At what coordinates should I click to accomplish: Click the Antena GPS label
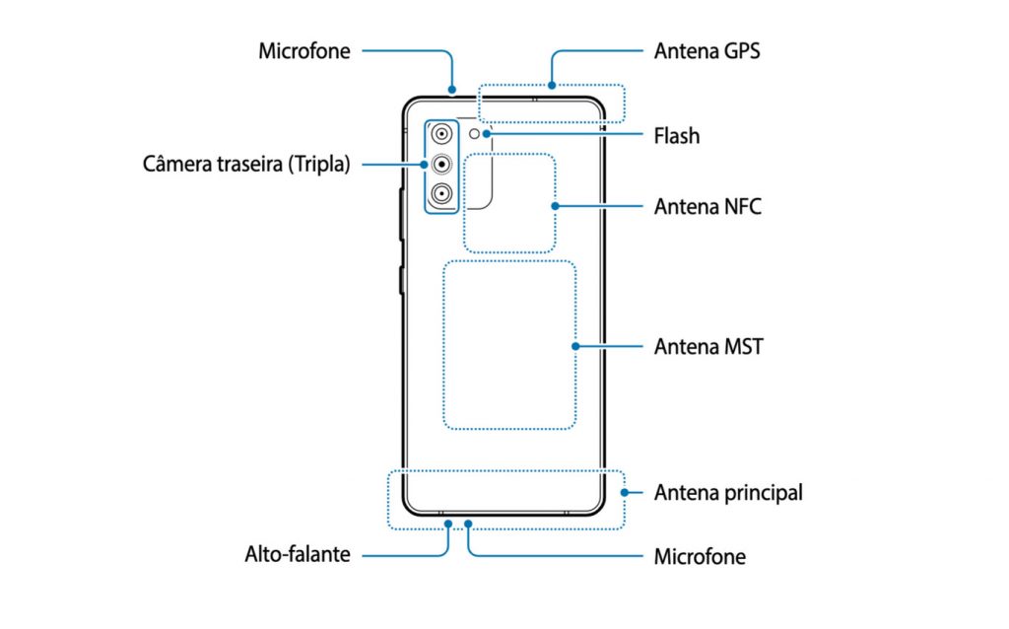tap(706, 51)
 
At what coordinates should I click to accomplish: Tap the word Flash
tap(676, 136)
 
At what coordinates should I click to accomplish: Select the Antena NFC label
tap(707, 207)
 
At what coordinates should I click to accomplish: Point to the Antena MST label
tap(708, 346)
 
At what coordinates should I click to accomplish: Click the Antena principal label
tap(728, 493)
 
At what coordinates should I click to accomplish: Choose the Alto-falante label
tap(298, 554)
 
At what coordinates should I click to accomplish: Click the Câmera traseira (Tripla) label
tap(246, 165)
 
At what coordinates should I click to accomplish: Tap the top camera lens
tap(441, 134)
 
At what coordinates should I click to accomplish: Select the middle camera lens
tap(441, 165)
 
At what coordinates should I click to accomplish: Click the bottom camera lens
tap(441, 193)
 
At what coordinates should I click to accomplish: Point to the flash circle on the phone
tap(474, 134)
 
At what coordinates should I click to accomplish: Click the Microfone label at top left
tap(304, 51)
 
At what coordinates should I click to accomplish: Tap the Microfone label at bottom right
tap(701, 556)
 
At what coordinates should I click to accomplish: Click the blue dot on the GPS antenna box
tap(552, 85)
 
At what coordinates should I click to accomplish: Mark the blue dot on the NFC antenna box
tap(555, 206)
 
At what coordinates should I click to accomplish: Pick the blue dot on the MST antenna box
tap(575, 346)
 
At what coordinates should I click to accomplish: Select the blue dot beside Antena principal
tap(624, 493)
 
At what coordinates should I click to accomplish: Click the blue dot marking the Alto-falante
tap(448, 524)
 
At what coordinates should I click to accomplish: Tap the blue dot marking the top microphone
tap(452, 90)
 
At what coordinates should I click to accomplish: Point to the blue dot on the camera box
tap(424, 165)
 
